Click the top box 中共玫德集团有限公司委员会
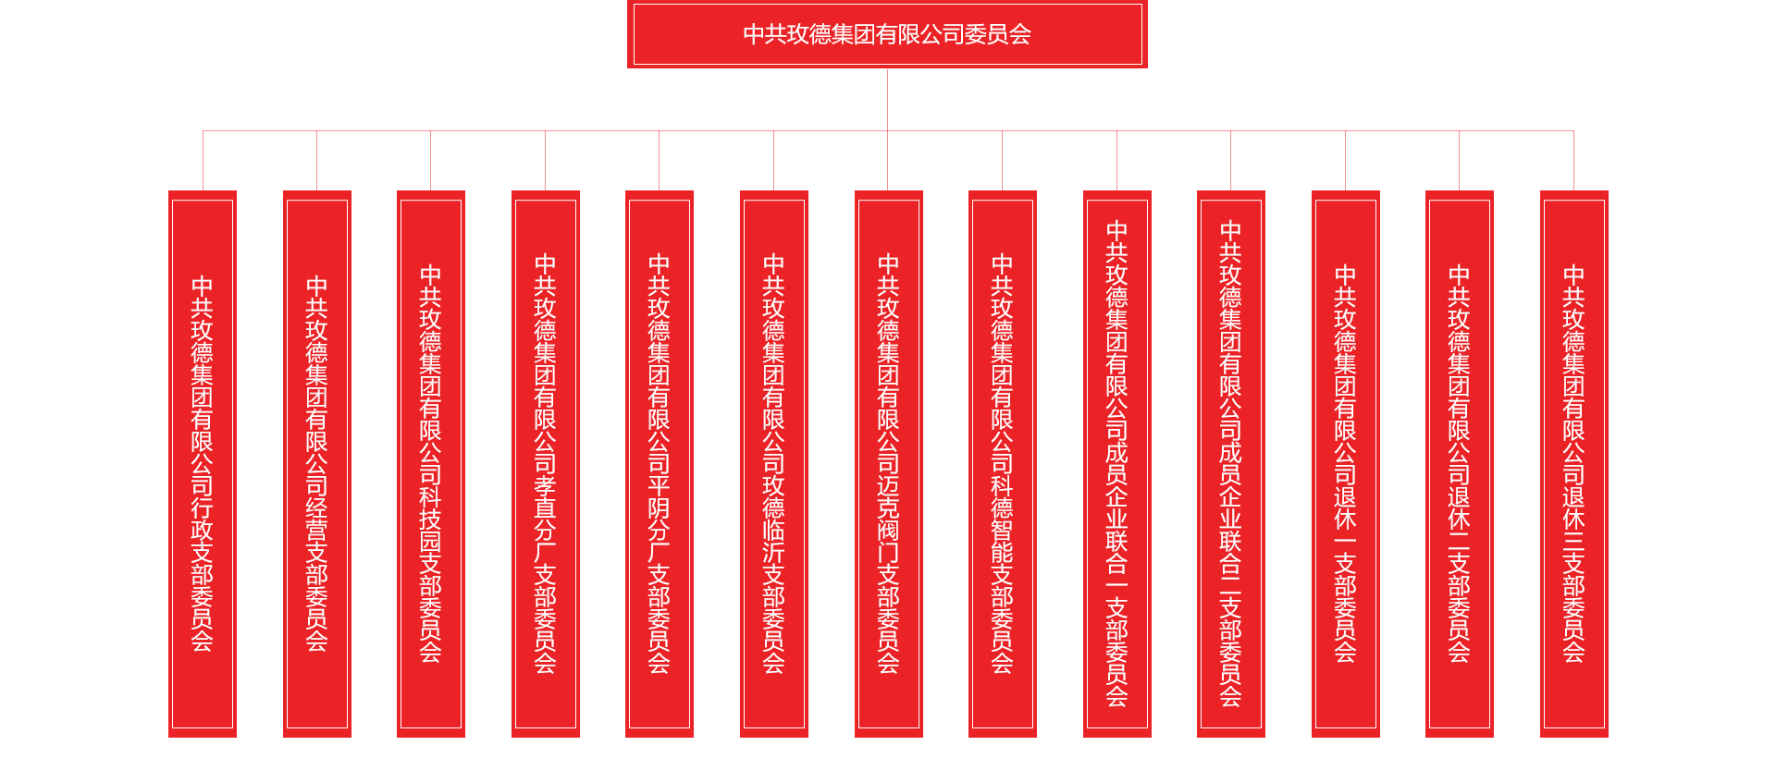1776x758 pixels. coord(886,34)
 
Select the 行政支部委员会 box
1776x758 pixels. coord(203,463)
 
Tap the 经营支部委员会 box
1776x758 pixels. coord(317,463)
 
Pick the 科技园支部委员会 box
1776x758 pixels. coord(430,463)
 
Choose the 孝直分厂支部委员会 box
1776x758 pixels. coord(546,463)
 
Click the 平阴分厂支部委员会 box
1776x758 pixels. coord(659,463)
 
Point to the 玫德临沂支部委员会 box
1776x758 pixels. coord(774,463)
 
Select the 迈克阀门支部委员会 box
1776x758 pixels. coord(888,463)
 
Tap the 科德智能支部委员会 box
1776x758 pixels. coord(1002,463)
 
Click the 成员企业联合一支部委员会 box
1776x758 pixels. coord(1116,463)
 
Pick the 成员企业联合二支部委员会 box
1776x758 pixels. coord(1230,463)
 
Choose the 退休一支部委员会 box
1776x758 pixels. coord(1345,463)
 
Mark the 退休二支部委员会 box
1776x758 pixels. coord(1459,463)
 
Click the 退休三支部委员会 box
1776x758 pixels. coord(1573,463)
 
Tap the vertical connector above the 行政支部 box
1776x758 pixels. coord(203,162)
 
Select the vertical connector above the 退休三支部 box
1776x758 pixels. coord(1573,162)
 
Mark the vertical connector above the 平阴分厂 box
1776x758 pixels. coord(659,162)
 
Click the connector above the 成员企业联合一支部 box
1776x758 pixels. coord(1116,162)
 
